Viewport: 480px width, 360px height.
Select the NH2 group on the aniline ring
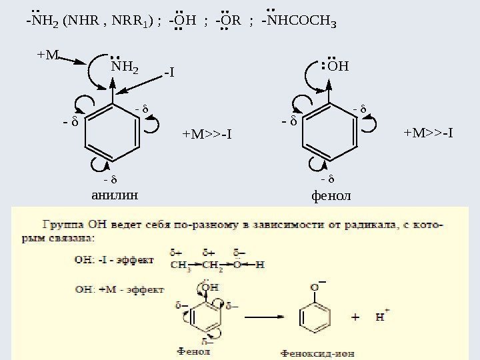pos(125,67)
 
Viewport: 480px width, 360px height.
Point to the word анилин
pos(113,195)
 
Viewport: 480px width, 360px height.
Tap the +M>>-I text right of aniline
pos(207,135)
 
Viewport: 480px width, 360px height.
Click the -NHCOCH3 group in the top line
pos(299,21)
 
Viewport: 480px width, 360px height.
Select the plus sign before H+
pos(355,318)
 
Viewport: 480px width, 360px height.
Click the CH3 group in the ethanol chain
pos(179,264)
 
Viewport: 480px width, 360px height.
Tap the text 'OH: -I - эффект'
pos(114,259)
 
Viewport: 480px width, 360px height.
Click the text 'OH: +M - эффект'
pos(119,290)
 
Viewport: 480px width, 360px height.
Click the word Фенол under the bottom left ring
pos(194,349)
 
